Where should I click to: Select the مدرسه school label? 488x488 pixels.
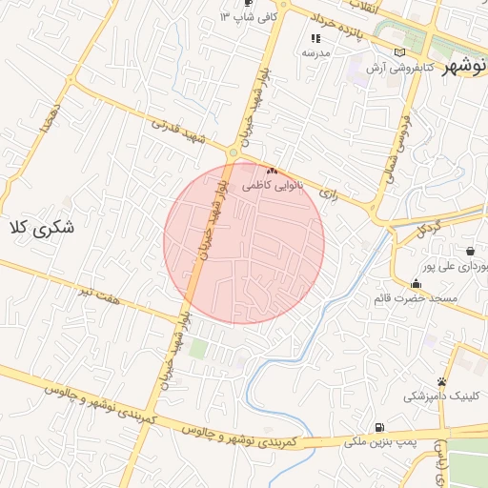pos(315,52)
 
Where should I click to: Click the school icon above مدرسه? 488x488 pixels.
pos(315,38)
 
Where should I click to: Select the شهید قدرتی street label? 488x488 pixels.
pos(178,132)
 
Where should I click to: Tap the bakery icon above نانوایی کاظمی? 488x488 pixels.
pos(272,171)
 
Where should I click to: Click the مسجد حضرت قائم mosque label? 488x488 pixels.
pos(417,298)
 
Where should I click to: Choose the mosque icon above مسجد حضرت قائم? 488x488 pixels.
pos(416,284)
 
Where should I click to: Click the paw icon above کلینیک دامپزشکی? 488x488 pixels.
pos(440,381)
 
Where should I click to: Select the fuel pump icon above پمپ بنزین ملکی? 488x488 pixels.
pos(380,428)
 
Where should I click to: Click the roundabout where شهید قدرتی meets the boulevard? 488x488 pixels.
pos(233,152)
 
